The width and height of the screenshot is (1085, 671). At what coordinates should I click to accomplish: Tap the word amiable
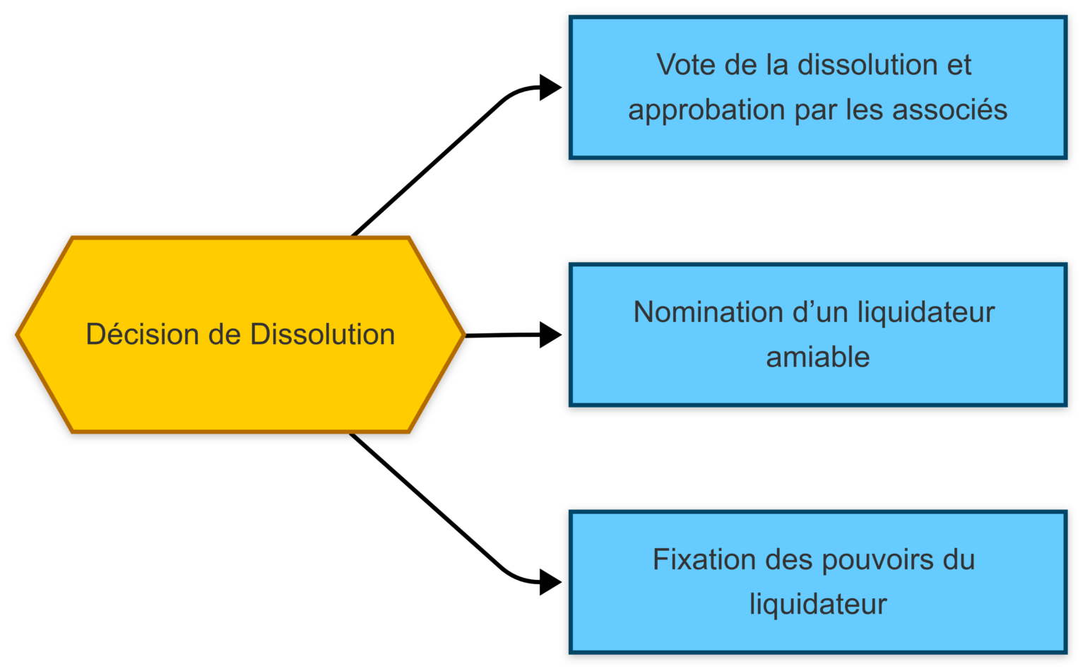818,357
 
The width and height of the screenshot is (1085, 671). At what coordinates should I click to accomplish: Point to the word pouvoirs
877,559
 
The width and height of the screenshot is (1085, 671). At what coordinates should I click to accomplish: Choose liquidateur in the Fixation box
818,605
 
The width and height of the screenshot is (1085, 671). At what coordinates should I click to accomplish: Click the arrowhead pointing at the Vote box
550,88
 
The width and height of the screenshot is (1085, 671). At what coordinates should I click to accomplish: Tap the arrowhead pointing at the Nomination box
550,335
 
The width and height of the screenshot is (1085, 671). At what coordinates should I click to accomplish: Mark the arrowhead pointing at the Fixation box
550,583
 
